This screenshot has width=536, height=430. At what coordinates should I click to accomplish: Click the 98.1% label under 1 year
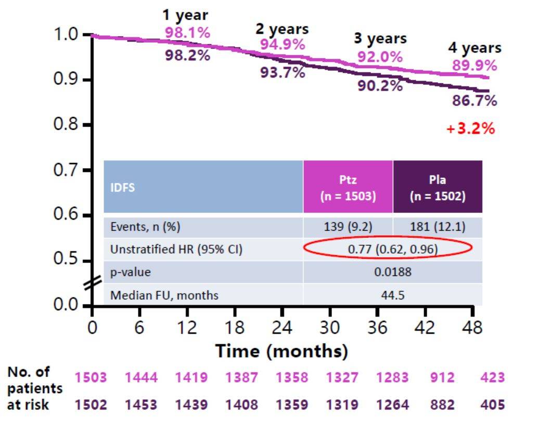[187, 33]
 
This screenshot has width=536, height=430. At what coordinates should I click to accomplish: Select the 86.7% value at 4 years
[474, 101]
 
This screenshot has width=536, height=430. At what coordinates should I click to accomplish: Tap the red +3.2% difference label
[470, 129]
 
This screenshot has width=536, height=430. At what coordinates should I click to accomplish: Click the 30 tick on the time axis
[329, 327]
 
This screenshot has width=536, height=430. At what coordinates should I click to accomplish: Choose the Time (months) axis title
[282, 351]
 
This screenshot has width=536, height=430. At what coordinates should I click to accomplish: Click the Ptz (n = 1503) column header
[348, 187]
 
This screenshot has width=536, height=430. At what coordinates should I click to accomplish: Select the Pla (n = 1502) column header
[437, 187]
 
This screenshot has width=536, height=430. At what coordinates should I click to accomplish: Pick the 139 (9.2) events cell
[348, 227]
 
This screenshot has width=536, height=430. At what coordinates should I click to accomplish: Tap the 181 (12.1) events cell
[437, 227]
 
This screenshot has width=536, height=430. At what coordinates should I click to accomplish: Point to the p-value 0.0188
[392, 272]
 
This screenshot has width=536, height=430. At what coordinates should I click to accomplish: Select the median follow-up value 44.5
[392, 295]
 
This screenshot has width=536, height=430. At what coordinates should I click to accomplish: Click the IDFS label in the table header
[122, 187]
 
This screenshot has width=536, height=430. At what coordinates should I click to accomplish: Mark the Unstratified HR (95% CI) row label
[176, 250]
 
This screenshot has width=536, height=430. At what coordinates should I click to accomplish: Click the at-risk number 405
[492, 404]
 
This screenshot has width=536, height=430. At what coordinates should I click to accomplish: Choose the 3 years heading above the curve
[380, 39]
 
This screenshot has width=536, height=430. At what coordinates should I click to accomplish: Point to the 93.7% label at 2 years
[283, 73]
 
